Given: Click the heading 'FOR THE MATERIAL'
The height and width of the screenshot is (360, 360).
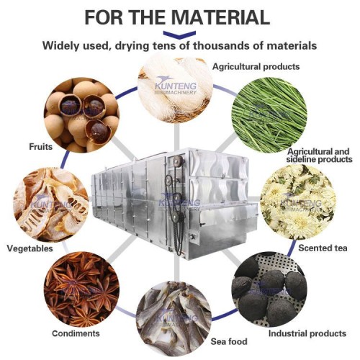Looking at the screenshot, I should click(x=179, y=16).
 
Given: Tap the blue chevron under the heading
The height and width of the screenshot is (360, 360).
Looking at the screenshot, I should click(x=179, y=33).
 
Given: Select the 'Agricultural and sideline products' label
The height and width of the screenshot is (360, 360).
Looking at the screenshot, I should click(x=318, y=156).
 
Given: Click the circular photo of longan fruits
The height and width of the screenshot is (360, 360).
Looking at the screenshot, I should click(x=80, y=115).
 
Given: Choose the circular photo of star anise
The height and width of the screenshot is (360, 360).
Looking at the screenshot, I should click(x=79, y=288).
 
